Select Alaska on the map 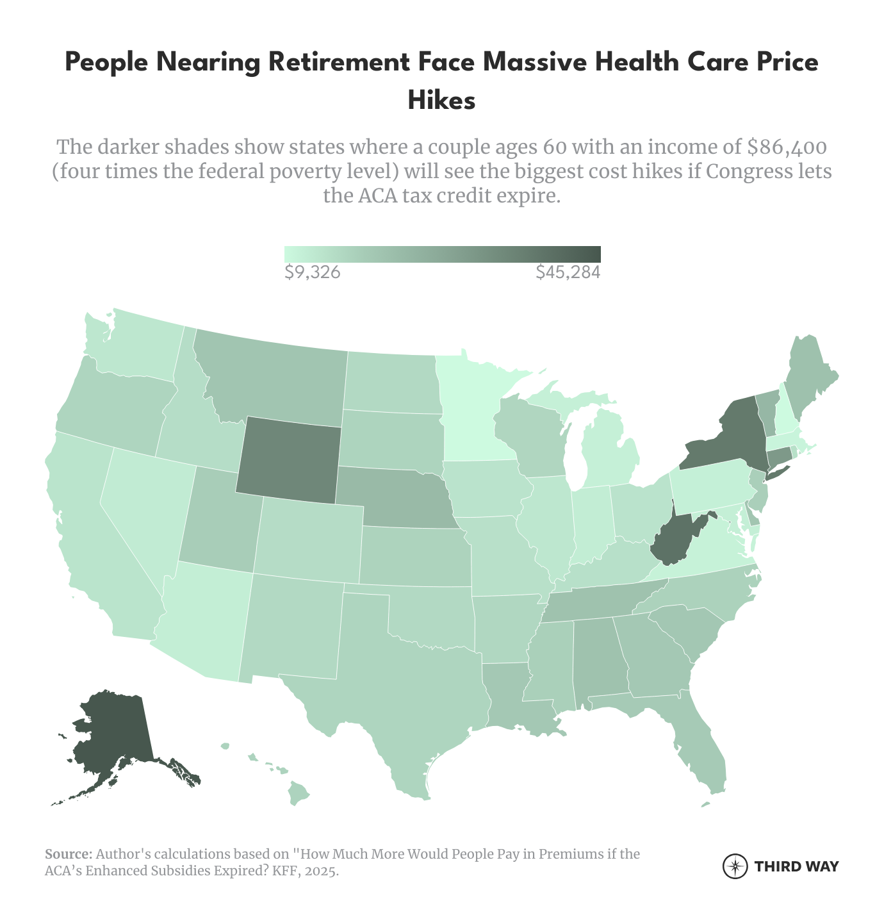point(115,730)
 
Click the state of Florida point(705,750)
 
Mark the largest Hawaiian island point(299,793)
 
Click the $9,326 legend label point(312,273)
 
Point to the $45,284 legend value point(568,273)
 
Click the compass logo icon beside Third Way point(735,866)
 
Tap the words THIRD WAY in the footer point(796,867)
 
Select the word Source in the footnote point(68,854)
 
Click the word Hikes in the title point(442,101)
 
